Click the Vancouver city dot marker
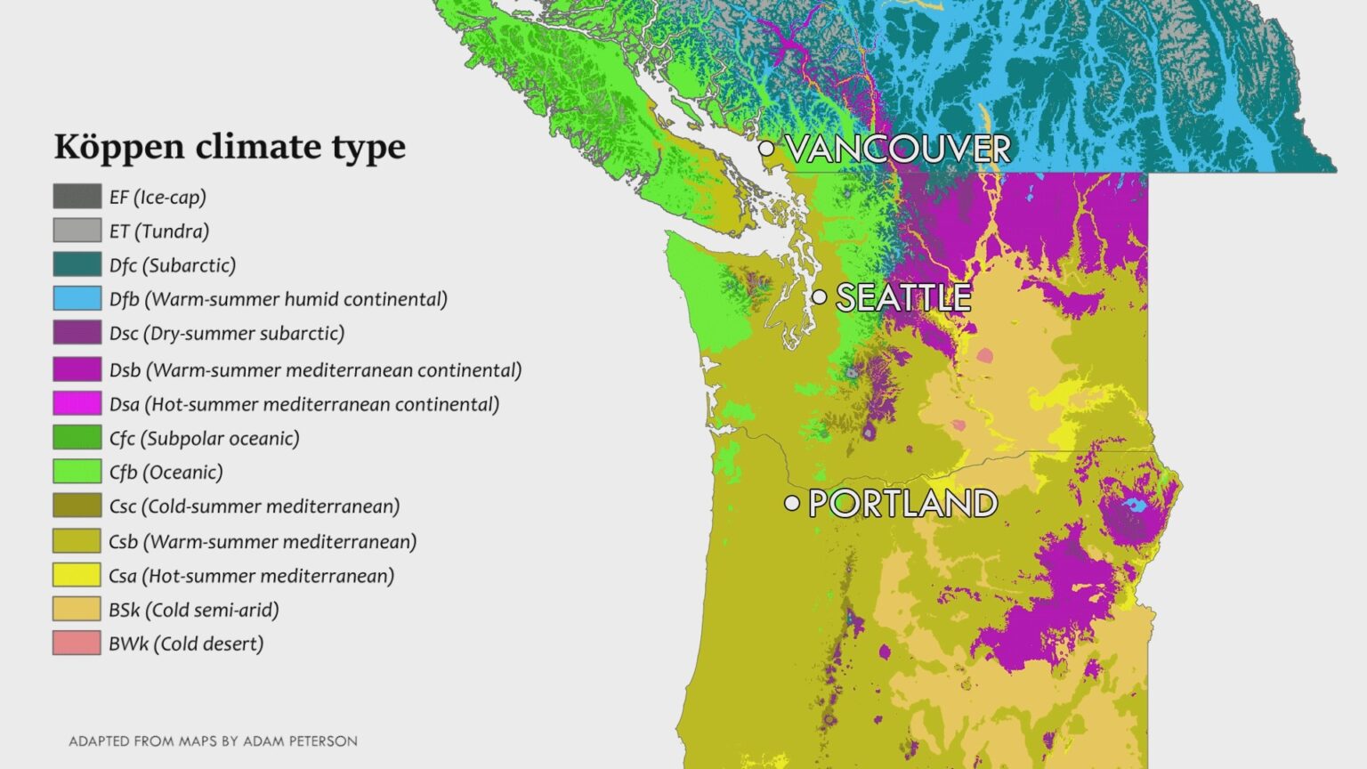[766, 149]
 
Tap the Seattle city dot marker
[819, 297]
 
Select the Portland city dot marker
[791, 503]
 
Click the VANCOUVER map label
[897, 149]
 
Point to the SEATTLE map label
[902, 297]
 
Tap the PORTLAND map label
[902, 503]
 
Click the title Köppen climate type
[230, 147]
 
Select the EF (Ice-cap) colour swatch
[77, 197]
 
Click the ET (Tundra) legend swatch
[77, 231]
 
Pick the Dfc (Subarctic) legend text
[172, 265]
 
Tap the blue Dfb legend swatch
[77, 299]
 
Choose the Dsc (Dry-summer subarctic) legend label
[226, 334]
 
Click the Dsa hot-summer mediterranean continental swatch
[77, 403]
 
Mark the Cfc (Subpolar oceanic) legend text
[204, 438]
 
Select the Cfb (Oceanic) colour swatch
[77, 472]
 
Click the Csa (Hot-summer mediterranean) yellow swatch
[77, 575]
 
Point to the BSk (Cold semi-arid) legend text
[193, 610]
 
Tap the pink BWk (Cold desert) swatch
[77, 644]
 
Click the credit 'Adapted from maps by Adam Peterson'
[213, 741]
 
